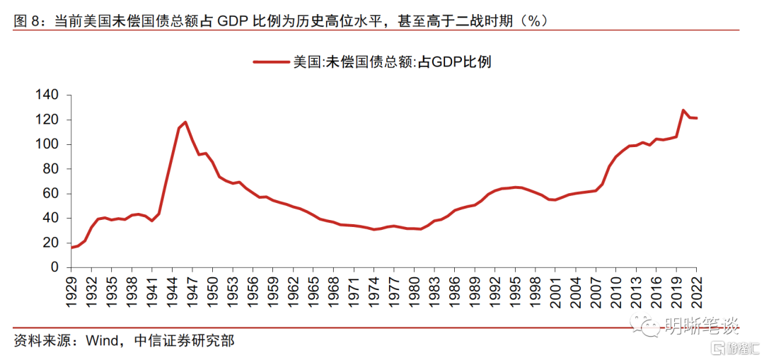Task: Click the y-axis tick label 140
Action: (x=52, y=95)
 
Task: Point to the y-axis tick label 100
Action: (x=52, y=144)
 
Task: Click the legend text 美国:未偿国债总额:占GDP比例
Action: (x=392, y=62)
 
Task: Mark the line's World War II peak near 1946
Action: (x=185, y=122)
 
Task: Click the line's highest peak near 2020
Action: (x=683, y=110)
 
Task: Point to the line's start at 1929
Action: (x=71, y=248)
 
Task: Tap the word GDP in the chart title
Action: (x=231, y=21)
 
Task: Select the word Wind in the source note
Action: (x=104, y=341)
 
